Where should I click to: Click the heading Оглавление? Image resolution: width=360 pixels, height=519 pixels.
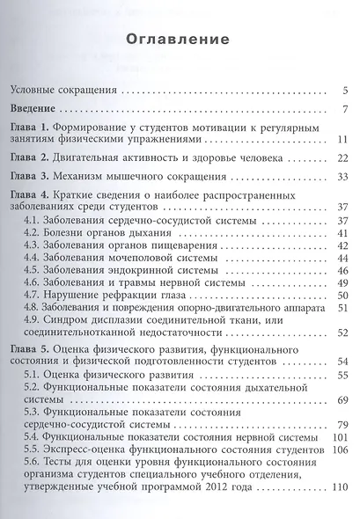(x=179, y=41)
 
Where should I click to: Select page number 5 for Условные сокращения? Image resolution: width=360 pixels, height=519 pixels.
(x=346, y=89)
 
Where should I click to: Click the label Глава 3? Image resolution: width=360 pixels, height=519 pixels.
(x=31, y=177)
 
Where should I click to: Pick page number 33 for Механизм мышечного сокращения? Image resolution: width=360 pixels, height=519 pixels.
(x=343, y=177)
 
